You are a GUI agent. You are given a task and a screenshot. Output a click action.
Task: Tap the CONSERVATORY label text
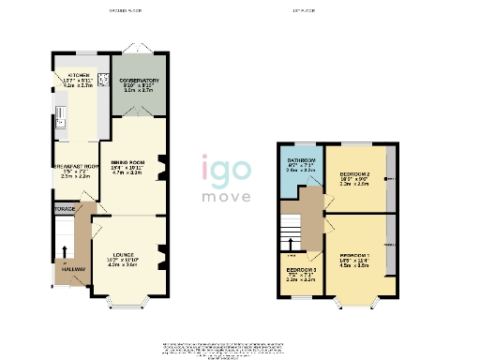click(139, 81)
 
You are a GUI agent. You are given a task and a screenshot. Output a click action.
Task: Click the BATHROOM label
click(302, 161)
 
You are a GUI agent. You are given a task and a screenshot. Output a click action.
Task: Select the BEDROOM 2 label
click(354, 174)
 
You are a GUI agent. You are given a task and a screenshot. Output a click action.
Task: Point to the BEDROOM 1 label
click(354, 255)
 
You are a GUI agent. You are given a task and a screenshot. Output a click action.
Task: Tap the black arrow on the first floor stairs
click(292, 255)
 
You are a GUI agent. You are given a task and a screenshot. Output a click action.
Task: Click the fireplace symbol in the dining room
click(162, 168)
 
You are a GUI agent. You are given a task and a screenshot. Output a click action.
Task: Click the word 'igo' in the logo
click(225, 172)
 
